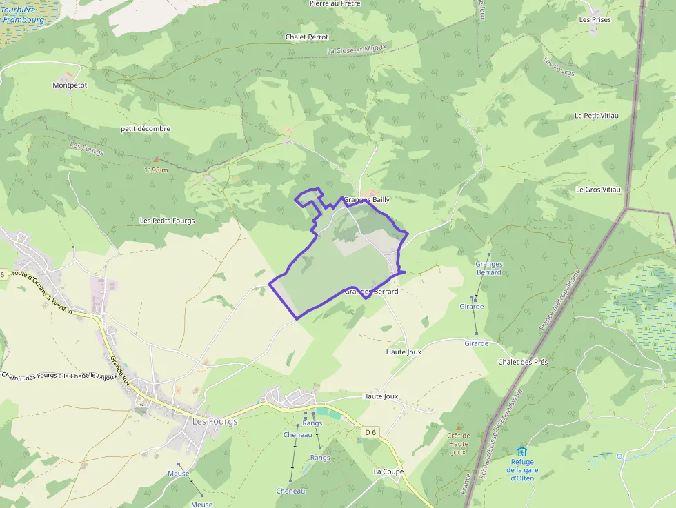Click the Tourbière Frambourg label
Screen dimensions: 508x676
[x=23, y=15]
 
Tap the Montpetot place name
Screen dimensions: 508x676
[x=70, y=85]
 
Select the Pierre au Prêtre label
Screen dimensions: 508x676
[x=335, y=3]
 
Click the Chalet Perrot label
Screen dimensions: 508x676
[x=306, y=37]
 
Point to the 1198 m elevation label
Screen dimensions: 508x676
[x=156, y=170]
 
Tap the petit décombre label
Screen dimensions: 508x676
[x=145, y=129]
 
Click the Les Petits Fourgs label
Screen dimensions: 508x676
[x=167, y=221]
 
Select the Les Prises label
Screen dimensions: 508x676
[x=595, y=20]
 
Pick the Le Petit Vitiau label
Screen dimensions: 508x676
[x=597, y=116]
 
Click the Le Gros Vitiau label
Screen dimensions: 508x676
[x=598, y=190]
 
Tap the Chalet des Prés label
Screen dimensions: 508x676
[x=523, y=362]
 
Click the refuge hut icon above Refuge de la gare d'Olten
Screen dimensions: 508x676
[x=521, y=451]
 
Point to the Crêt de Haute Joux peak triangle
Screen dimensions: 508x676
[x=458, y=427]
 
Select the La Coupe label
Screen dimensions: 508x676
[x=388, y=471]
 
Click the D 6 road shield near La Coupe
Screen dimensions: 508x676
[x=370, y=432]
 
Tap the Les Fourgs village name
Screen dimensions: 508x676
[x=215, y=421]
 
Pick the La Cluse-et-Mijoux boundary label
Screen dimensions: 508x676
[x=357, y=49]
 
